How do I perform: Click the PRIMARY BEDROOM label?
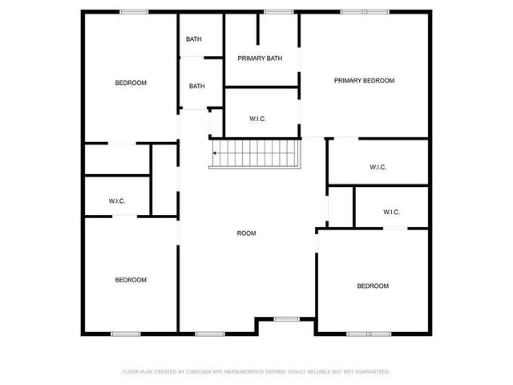(365, 80)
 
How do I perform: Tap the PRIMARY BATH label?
(261, 58)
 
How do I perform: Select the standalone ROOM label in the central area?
(246, 233)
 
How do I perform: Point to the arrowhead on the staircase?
(214, 153)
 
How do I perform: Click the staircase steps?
(255, 152)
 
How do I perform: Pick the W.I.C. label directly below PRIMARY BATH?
(257, 119)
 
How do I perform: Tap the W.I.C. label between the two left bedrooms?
(117, 201)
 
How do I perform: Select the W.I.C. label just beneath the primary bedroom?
(378, 167)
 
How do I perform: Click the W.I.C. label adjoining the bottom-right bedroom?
(391, 212)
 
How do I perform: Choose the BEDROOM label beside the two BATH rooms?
(131, 83)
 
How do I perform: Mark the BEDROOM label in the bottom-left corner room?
(131, 280)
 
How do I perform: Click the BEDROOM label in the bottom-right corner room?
(373, 286)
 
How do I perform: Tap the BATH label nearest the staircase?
(197, 87)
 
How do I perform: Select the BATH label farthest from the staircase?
(194, 39)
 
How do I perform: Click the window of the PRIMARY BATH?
(278, 11)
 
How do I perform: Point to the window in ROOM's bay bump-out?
(285, 319)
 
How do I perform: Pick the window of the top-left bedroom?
(132, 11)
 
